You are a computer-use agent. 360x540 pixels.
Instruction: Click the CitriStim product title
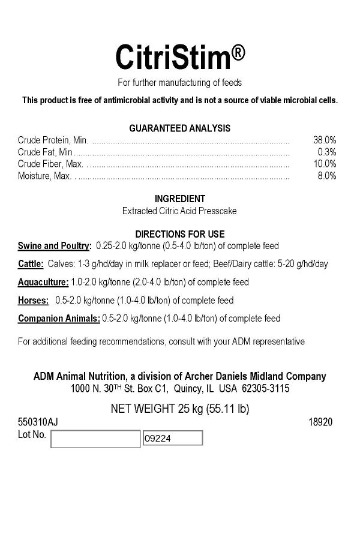173,57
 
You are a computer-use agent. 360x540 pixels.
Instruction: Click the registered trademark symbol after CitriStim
238,53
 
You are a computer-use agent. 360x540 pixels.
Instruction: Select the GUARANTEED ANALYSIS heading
180,128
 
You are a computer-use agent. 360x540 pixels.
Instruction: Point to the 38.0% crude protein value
325,140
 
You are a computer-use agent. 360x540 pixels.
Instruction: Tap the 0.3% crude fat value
327,152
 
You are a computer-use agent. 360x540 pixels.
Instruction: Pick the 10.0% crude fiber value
325,164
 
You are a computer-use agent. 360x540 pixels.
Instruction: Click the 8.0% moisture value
327,176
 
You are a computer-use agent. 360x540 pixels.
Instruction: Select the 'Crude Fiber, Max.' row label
51,164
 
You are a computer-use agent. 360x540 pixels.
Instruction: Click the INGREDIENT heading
180,199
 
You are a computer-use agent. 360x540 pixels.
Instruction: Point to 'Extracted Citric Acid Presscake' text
180,211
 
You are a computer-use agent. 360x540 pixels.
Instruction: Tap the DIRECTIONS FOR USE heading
180,234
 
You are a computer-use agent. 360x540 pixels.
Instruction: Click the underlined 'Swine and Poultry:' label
55,246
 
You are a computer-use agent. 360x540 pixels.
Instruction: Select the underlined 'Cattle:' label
31,264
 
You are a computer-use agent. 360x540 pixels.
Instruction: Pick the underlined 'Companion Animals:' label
59,318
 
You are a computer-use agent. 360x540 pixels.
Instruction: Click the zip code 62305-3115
265,389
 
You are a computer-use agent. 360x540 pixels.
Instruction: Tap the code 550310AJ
38,422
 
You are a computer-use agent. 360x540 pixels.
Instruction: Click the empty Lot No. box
95,439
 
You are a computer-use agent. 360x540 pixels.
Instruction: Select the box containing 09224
172,438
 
